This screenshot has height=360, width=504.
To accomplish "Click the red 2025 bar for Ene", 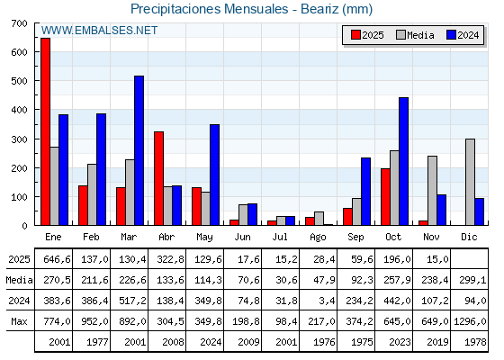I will (45, 131).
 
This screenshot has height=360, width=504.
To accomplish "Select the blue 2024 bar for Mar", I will (139, 150).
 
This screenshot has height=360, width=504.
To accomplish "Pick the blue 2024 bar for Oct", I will (404, 161).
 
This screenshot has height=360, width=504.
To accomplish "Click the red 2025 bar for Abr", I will (158, 178).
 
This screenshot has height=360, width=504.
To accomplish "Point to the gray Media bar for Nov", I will (432, 190).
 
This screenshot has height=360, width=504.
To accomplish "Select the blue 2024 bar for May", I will (215, 175).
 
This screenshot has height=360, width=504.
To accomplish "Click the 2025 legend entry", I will (366, 35).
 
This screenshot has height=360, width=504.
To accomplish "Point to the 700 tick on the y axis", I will (20, 23).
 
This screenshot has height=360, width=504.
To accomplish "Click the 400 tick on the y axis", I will (20, 110).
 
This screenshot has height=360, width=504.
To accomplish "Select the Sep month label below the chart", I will (356, 236).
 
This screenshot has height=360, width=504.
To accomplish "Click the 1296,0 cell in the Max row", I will (468, 320).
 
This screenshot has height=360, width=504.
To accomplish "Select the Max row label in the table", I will (18, 320).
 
